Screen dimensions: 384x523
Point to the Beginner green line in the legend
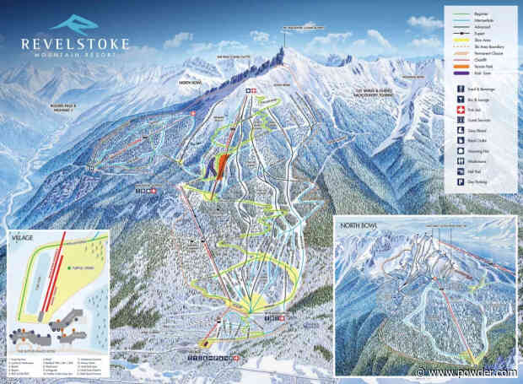coord(459,13)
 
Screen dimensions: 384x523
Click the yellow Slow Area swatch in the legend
coord(459,40)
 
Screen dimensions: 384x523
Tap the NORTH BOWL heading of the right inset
coord(358,226)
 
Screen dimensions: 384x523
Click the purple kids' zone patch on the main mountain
coord(209,170)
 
